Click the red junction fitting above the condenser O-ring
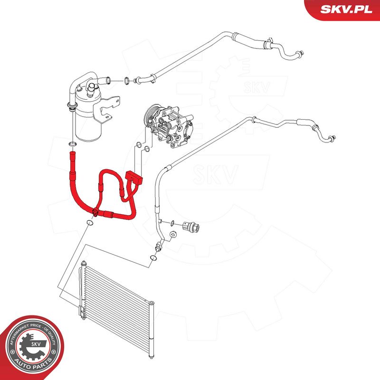click(x=95, y=212)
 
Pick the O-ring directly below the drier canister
click(x=71, y=143)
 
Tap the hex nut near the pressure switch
click(x=173, y=233)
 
